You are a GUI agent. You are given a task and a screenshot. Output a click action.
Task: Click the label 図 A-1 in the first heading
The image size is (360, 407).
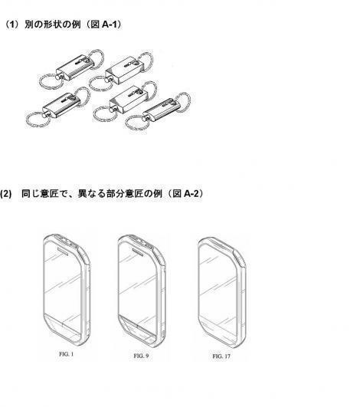103,25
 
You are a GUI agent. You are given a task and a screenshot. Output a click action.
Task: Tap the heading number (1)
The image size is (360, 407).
11,25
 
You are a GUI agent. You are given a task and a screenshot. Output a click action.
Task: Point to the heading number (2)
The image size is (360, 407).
5,194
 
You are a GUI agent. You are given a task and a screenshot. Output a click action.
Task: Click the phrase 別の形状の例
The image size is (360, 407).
53,25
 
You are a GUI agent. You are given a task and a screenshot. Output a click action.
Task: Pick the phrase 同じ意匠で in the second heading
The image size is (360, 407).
44,193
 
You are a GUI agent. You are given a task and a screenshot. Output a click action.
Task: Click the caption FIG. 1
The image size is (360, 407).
66,354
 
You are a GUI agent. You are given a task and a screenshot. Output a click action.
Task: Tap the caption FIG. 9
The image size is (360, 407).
141,356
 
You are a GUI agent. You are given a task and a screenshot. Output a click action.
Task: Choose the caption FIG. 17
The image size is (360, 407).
221,356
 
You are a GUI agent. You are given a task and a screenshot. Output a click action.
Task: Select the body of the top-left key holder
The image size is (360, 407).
75,67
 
